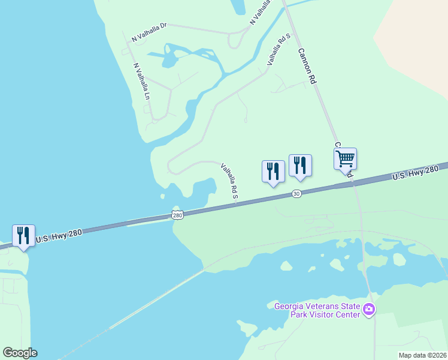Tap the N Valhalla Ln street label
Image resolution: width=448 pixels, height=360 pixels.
point(141,81)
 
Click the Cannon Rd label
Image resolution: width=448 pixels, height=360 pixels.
point(307,66)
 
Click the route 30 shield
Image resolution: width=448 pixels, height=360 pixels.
point(296,193)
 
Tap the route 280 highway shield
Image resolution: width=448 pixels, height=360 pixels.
point(177,215)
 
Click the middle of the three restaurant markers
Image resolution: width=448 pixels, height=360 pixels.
point(273,171)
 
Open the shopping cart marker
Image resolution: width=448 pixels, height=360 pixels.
point(345,159)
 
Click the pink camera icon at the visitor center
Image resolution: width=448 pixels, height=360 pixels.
point(368,310)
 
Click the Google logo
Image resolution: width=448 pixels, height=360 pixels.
point(20,353)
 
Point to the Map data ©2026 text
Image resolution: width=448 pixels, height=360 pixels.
point(422,355)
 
